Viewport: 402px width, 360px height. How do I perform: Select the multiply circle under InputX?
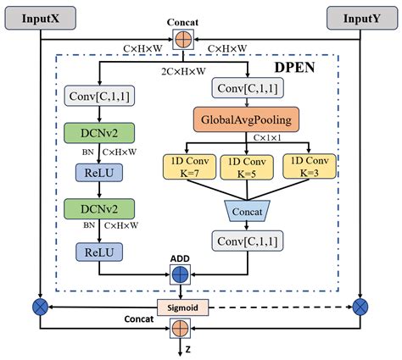pos(37,305)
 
